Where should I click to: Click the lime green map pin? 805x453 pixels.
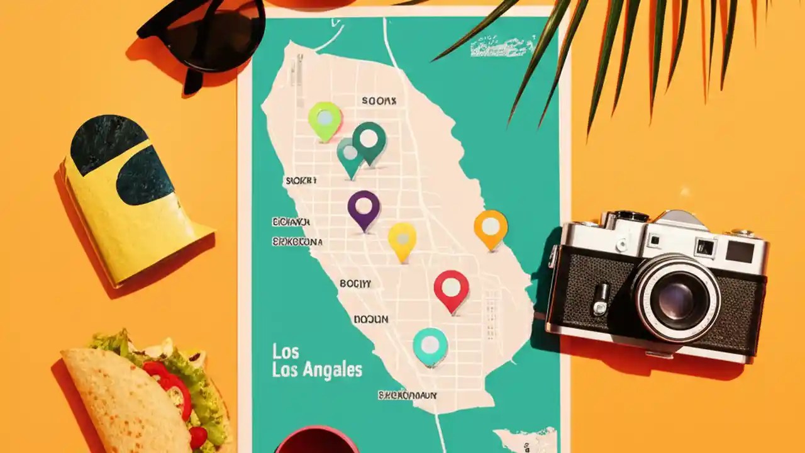pos(325,119)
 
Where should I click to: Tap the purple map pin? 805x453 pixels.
pos(364,207)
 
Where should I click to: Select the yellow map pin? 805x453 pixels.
pos(402,239)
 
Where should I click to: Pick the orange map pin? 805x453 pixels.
pos(491,227)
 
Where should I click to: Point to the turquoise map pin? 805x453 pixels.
pos(430,345)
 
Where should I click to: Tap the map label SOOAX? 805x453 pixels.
pos(379,100)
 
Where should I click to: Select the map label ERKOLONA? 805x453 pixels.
pos(297,242)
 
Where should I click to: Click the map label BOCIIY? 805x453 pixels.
pos(355,283)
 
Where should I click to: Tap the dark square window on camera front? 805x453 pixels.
pos(740,252)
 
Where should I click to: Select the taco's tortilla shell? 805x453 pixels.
pos(119,403)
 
